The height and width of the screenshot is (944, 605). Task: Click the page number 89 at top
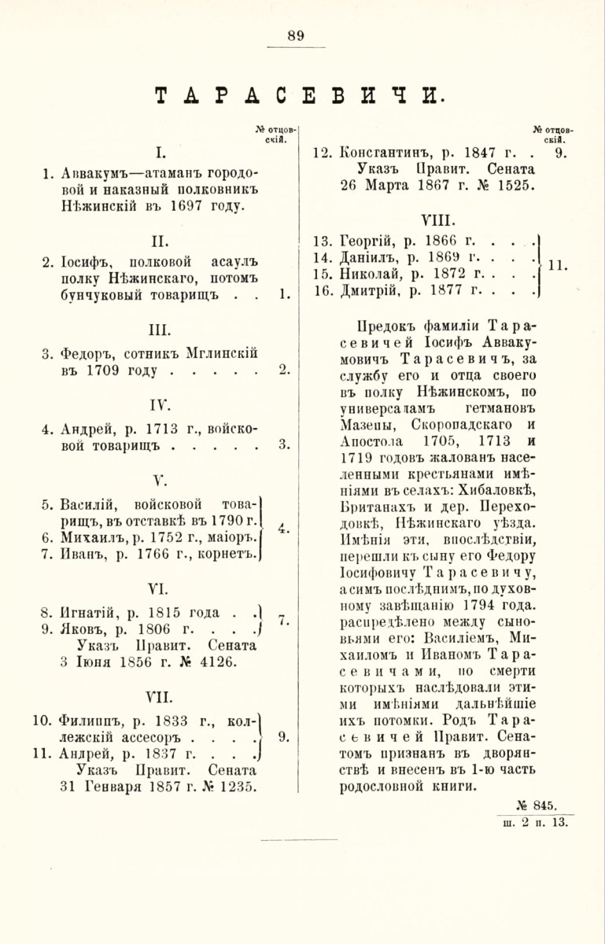click(x=296, y=35)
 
